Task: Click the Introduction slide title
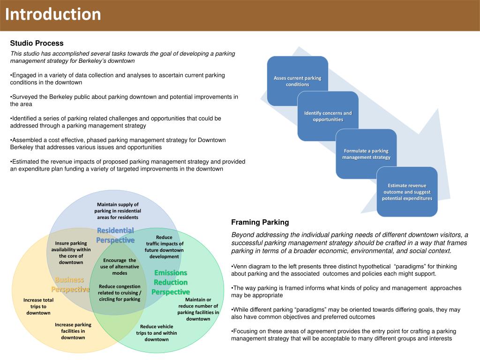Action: pos(53,15)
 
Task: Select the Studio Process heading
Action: pos(37,43)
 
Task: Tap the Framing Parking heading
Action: pos(260,222)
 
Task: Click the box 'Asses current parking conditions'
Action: pos(297,81)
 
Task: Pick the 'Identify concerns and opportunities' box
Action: pos(328,116)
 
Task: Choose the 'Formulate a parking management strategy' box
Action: pos(366,154)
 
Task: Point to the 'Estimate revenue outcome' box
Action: pos(407,192)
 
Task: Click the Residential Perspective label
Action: pos(115,235)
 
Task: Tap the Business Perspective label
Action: pos(70,285)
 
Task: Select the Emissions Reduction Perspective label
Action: pos(171,282)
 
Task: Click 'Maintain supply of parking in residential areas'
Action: pos(118,211)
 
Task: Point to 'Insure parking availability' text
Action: pos(71,253)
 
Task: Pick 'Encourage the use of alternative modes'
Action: pos(120,266)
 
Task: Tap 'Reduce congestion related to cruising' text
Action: pos(120,292)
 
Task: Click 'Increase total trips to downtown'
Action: pos(38,306)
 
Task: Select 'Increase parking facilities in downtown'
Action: pos(73,331)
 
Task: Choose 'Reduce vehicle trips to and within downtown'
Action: pos(157,333)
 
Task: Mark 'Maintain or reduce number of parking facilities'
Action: pos(198,309)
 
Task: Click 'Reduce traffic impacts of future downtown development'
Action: pos(164,247)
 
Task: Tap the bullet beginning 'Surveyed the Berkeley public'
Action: pos(124,100)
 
